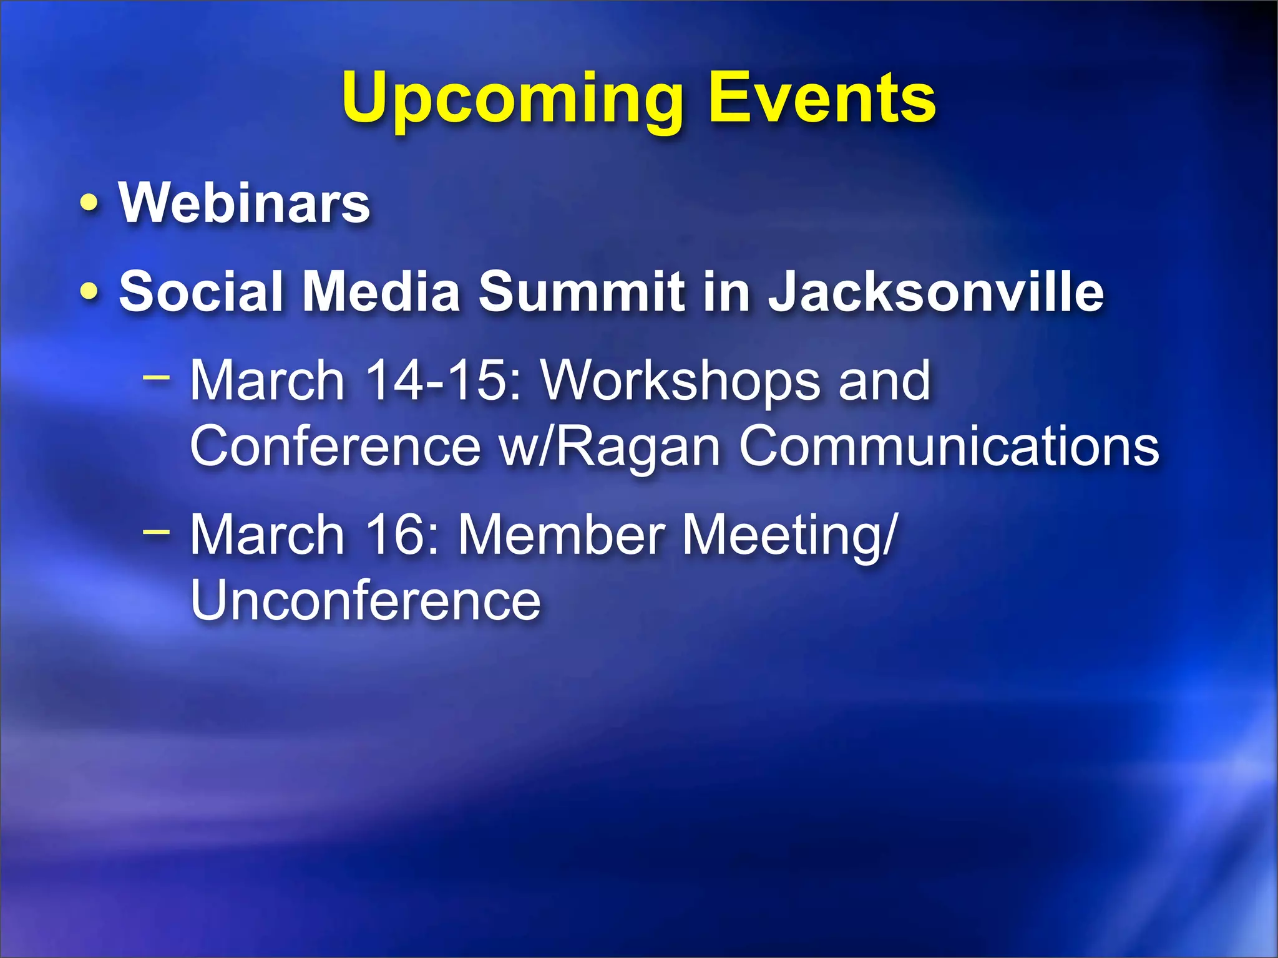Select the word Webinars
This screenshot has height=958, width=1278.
(245, 203)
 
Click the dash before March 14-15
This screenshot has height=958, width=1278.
(156, 376)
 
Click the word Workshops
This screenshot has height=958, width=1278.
(680, 382)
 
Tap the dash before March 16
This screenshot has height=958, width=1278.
(156, 531)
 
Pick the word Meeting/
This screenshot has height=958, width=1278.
(789, 536)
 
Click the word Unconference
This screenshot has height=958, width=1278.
(365, 600)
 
